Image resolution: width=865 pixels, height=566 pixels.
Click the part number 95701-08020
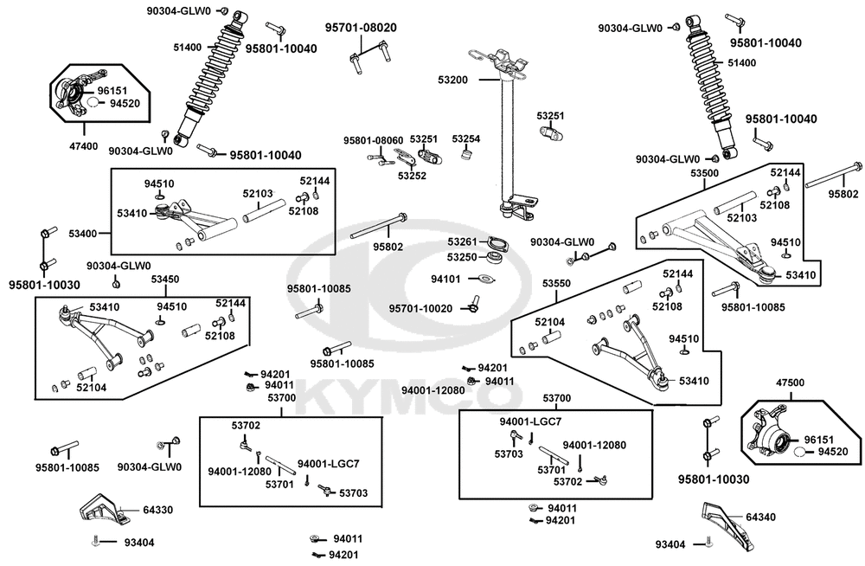360,28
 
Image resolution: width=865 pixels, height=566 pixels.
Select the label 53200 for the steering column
453,80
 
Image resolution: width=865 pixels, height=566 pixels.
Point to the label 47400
84,146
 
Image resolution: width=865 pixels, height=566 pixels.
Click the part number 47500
790,383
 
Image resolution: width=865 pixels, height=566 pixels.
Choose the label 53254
466,138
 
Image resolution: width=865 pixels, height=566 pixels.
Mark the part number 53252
412,177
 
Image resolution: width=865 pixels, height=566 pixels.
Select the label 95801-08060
373,140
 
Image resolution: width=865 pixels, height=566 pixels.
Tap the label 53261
462,241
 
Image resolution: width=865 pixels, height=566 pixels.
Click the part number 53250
462,257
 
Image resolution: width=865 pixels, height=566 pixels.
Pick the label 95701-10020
420,309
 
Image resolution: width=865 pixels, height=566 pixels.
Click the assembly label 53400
83,234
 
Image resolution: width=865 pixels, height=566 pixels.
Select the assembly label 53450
165,280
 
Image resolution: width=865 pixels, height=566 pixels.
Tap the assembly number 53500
704,173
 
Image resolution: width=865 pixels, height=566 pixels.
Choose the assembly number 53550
556,283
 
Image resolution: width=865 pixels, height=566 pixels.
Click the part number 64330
158,510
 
